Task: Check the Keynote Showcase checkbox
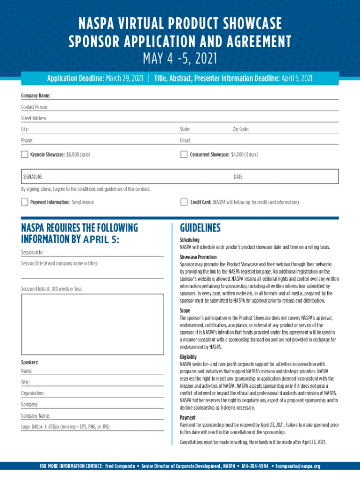24,154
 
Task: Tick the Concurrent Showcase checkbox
184,154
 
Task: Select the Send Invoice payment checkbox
24,202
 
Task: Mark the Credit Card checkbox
184,202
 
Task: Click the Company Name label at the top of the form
36,96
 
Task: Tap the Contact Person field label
35,107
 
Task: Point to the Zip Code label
241,129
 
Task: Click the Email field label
185,140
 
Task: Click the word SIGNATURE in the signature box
33,177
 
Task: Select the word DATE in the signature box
238,177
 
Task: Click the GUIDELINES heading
200,228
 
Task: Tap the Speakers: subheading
30,363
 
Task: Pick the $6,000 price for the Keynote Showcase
72,154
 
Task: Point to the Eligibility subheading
188,357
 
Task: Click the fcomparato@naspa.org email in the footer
298,466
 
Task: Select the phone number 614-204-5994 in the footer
255,466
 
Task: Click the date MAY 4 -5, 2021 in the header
180,59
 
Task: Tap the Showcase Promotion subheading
198,257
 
